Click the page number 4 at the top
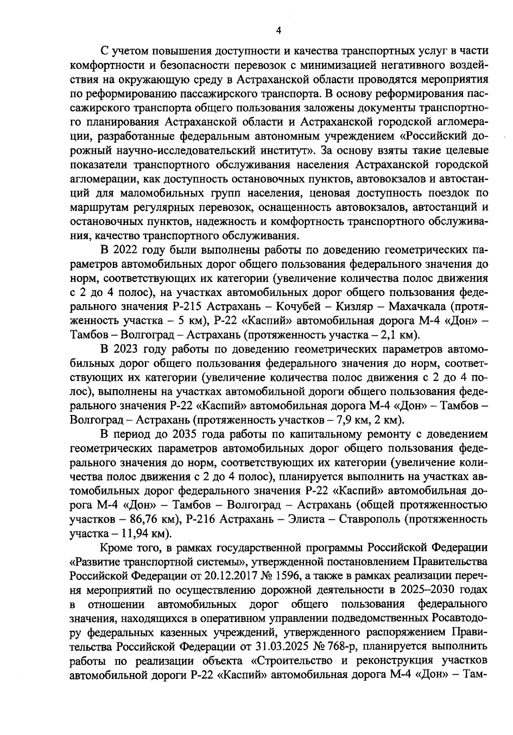278,31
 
